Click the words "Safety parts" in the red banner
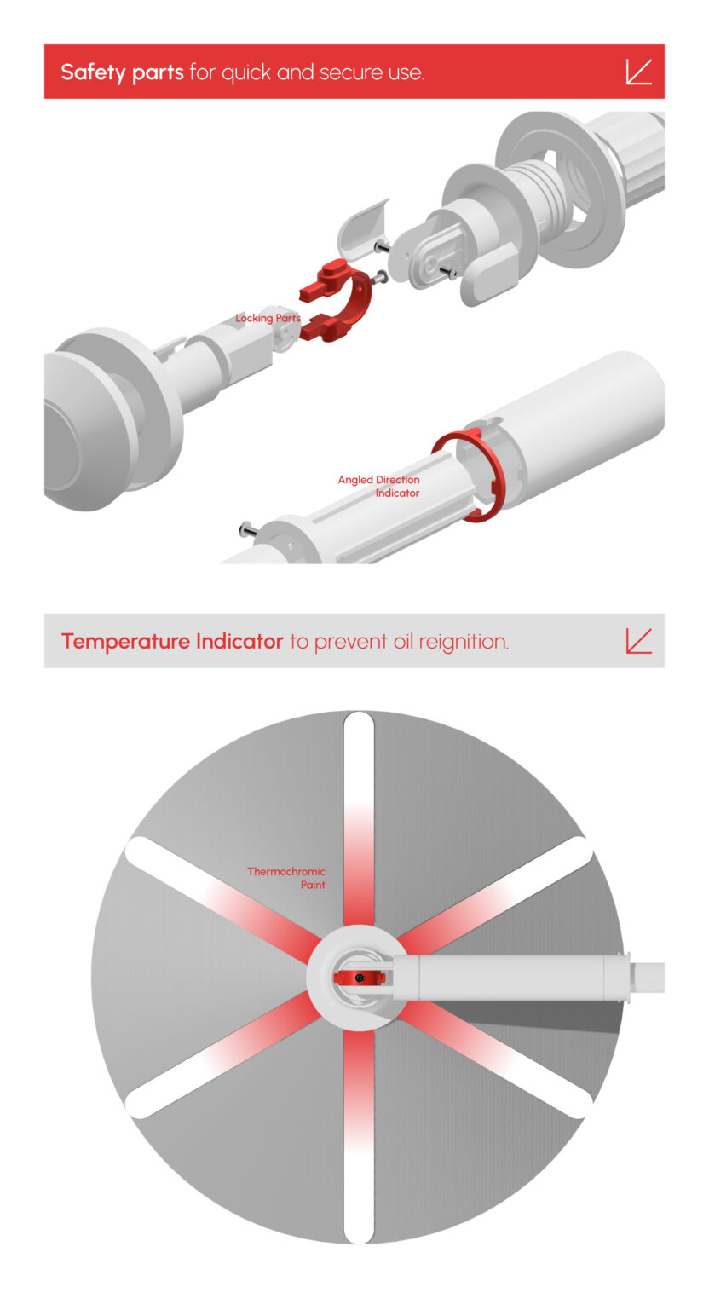coord(122,72)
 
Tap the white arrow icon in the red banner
coord(639,72)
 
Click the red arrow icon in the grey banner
coord(639,641)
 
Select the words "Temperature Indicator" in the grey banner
coord(172,642)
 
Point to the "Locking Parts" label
coord(268,318)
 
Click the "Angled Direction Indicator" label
coord(378,486)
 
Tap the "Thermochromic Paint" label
coord(286,878)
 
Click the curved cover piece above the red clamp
coord(362,227)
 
